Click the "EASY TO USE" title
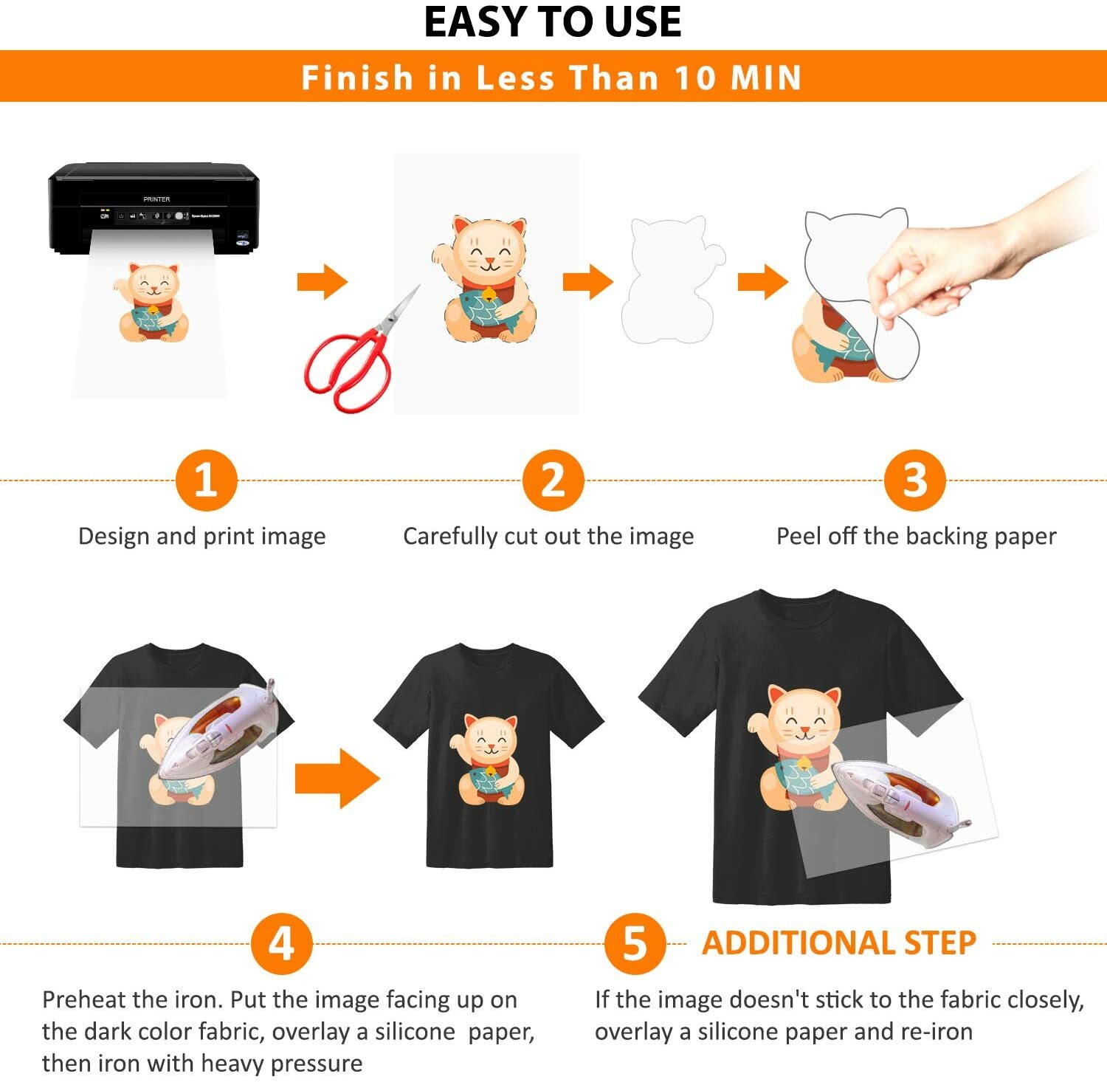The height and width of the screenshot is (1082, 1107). pyautogui.click(x=552, y=22)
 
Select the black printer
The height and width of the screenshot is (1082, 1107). pyautogui.click(x=155, y=207)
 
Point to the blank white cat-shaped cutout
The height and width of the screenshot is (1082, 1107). pyautogui.click(x=670, y=280)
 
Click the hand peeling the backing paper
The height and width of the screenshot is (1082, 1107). pyautogui.click(x=959, y=266)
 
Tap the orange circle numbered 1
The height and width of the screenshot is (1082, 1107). pyautogui.click(x=206, y=480)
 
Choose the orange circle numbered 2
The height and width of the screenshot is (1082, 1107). pyautogui.click(x=553, y=480)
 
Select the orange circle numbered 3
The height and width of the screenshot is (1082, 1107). pyautogui.click(x=914, y=480)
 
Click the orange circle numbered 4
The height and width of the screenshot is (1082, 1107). pyautogui.click(x=281, y=943)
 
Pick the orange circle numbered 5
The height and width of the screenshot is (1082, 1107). pyautogui.click(x=635, y=943)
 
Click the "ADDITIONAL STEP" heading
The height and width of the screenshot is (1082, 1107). pyautogui.click(x=839, y=943)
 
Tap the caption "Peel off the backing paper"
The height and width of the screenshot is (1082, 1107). pyautogui.click(x=916, y=536)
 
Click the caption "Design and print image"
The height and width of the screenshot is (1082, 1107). pyautogui.click(x=201, y=536)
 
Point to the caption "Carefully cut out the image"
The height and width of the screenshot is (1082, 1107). pyautogui.click(x=548, y=536)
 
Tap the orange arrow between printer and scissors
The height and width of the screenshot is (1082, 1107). pyautogui.click(x=322, y=281)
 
